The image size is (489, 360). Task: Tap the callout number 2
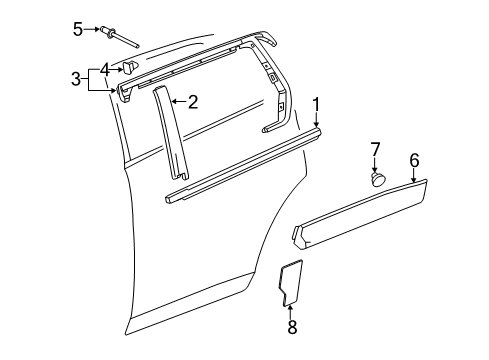[193, 101]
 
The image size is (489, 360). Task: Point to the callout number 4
[105, 68]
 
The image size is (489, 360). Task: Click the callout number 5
[78, 28]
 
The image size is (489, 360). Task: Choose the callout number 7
[376, 149]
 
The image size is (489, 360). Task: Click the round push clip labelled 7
[378, 179]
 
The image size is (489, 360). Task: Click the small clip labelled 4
[131, 68]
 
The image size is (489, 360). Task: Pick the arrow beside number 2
[178, 101]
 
